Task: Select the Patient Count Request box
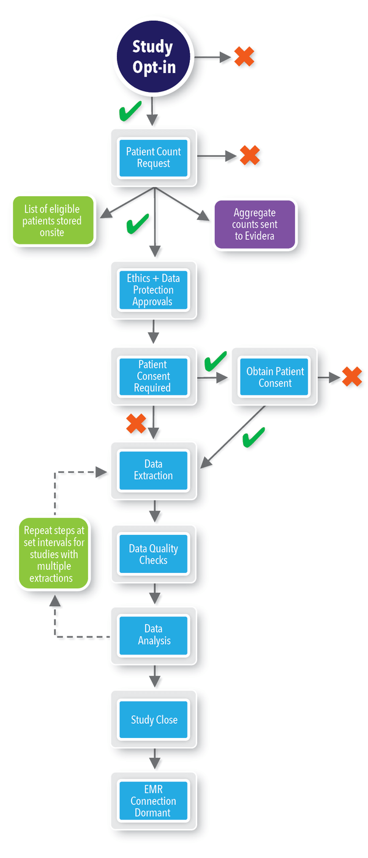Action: (154, 158)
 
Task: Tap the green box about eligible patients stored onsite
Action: (53, 221)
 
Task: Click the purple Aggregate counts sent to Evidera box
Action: (255, 224)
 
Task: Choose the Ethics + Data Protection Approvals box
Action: (154, 290)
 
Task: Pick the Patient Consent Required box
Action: (154, 376)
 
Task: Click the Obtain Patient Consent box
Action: (275, 377)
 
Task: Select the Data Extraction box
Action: (154, 470)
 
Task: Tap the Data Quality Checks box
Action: (154, 555)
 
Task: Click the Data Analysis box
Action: (154, 635)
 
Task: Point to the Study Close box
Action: (154, 720)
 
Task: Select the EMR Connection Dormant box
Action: (154, 801)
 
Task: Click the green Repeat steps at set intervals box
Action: (54, 554)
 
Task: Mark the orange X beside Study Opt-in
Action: (243, 57)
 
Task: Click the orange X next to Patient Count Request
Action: (249, 156)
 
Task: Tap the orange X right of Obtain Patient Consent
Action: (352, 377)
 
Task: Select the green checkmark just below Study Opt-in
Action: (130, 112)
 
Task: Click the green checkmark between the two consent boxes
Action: (214, 362)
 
